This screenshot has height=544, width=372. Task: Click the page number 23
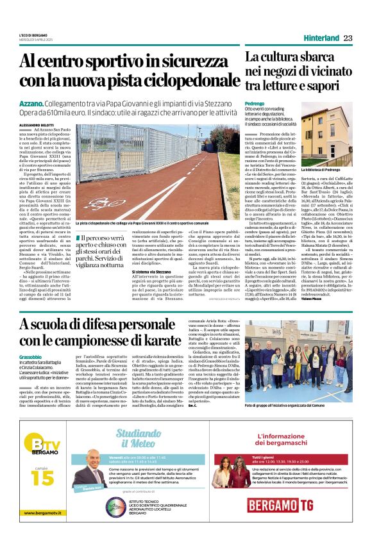(x=348, y=38)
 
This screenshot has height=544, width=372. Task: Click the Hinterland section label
(x=321, y=38)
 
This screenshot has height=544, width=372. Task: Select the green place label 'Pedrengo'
(x=255, y=103)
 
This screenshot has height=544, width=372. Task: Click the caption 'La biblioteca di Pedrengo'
(x=337, y=170)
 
